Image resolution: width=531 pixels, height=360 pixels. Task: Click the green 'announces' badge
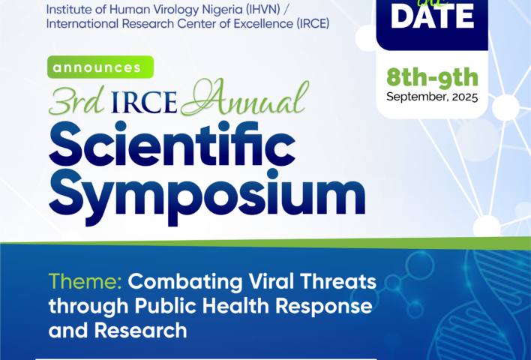click(x=100, y=67)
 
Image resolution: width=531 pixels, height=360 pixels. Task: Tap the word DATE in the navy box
click(x=432, y=17)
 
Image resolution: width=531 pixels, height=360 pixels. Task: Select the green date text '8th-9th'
click(x=432, y=77)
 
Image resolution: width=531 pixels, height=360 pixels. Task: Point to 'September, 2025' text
click(x=432, y=97)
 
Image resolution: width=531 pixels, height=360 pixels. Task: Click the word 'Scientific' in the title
click(x=172, y=144)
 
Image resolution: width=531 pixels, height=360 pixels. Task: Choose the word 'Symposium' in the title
click(x=207, y=197)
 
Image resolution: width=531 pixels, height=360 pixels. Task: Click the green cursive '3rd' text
click(x=76, y=101)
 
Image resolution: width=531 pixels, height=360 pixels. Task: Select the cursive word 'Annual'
click(x=244, y=97)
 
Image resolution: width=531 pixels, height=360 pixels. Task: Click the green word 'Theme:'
click(x=85, y=281)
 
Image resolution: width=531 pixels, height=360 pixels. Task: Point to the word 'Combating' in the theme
click(x=185, y=281)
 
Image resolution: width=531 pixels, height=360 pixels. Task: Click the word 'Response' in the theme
click(x=324, y=307)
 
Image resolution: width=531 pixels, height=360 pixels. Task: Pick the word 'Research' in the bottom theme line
click(x=140, y=331)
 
